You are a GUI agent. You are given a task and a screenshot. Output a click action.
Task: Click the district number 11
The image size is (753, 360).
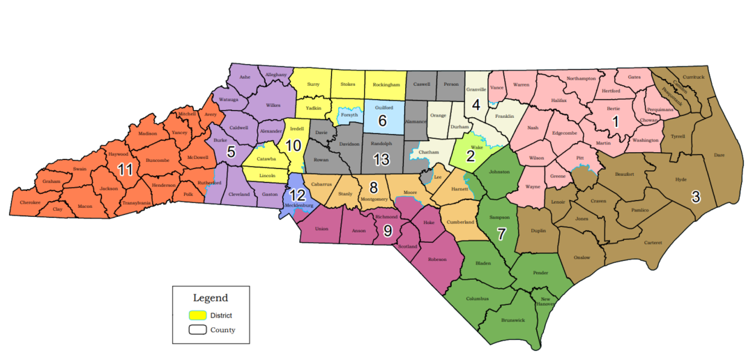click(125, 170)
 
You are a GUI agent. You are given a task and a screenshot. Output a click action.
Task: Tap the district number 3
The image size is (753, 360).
click(696, 197)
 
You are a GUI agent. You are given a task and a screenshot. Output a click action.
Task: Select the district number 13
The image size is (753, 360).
click(381, 159)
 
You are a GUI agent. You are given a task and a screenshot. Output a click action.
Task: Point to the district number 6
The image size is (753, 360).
click(382, 120)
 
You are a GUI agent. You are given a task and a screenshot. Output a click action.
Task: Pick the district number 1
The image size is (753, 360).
click(615, 120)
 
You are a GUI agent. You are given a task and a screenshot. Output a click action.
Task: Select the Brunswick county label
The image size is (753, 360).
click(512, 320)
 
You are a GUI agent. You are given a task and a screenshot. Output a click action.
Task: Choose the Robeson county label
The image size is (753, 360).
click(437, 258)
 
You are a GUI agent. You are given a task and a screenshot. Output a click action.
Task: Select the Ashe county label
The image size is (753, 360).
click(245, 77)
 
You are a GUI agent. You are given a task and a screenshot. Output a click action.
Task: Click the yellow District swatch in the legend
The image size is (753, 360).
click(197, 315)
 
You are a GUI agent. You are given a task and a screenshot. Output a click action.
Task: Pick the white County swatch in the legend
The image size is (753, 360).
click(197, 330)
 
